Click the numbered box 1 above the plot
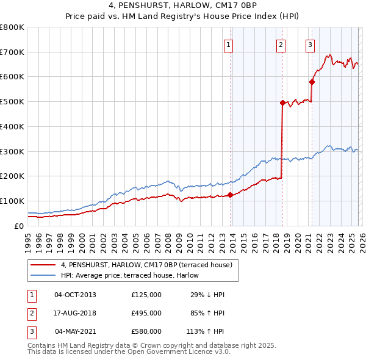pyautogui.click(x=228, y=44)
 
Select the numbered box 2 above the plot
pyautogui.click(x=281, y=44)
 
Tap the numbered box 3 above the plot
pyautogui.click(x=310, y=44)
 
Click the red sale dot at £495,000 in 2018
pyautogui.click(x=282, y=103)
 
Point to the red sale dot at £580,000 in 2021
pyautogui.click(x=312, y=82)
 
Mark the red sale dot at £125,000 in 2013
pyautogui.click(x=230, y=195)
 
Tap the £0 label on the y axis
pyautogui.click(x=20, y=226)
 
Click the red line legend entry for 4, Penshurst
pyautogui.click(x=146, y=265)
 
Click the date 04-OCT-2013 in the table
pyautogui.click(x=75, y=295)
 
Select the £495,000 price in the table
pyautogui.click(x=146, y=313)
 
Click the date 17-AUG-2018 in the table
pyautogui.click(x=75, y=313)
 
